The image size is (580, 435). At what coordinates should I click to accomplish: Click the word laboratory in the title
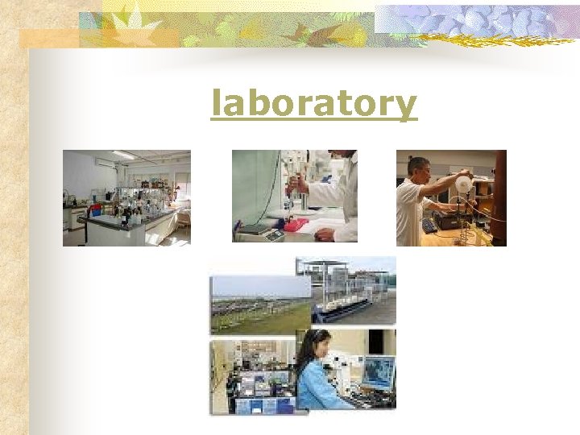(313, 105)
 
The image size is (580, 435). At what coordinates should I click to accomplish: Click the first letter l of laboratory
(215, 103)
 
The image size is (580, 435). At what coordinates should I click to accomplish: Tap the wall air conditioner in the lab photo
(105, 162)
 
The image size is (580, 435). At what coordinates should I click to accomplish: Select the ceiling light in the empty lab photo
(123, 155)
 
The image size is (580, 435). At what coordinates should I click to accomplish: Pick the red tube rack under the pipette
(296, 225)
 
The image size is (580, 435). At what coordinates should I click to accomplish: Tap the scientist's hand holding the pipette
(294, 188)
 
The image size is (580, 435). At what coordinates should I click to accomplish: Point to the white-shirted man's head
(418, 169)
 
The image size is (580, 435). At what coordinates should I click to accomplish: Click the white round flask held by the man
(463, 184)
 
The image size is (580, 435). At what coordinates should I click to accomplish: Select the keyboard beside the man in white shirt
(429, 226)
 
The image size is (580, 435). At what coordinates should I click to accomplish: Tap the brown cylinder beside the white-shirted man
(499, 197)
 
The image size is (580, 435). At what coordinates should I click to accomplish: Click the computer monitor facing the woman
(378, 372)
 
